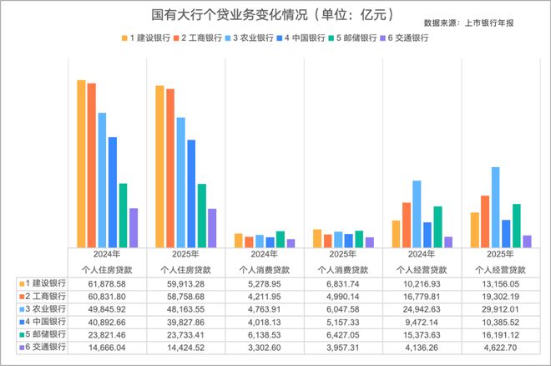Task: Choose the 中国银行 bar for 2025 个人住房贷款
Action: pos(190,193)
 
